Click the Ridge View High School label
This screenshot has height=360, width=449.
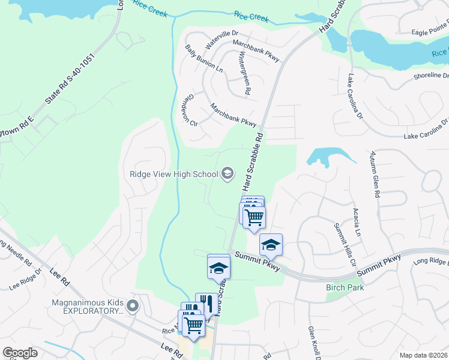point(173,175)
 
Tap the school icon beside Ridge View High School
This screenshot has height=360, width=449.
point(228,175)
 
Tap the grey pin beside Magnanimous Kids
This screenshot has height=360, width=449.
point(133,307)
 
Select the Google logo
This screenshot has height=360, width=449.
point(20,353)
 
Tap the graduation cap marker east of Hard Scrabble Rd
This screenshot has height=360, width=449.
point(271,244)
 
